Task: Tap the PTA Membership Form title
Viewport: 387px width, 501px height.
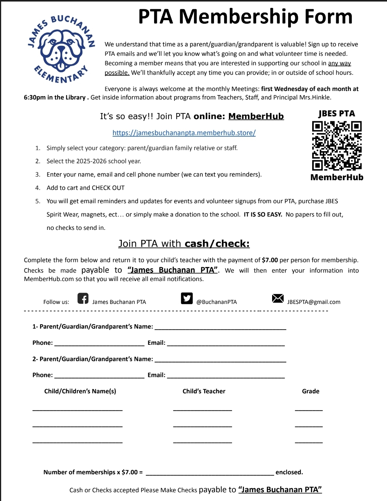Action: (x=245, y=16)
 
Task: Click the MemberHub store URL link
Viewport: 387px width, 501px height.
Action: (x=184, y=133)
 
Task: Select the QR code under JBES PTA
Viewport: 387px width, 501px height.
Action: (x=337, y=145)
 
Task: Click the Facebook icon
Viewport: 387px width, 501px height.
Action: (x=83, y=298)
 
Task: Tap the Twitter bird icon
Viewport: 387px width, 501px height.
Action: (x=187, y=298)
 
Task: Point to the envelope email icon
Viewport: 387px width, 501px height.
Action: (x=278, y=298)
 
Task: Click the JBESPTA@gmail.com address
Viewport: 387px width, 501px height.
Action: (x=314, y=302)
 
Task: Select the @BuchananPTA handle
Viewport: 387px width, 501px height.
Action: (x=216, y=302)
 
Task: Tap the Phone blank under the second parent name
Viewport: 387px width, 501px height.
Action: (x=99, y=377)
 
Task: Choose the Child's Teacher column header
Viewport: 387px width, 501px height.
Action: (x=204, y=391)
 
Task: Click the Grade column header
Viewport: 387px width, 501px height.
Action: (x=311, y=391)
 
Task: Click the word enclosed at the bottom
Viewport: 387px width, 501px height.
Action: (x=289, y=472)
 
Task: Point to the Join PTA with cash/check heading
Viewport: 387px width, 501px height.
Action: (x=184, y=244)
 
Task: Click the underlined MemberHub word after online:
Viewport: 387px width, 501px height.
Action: (x=256, y=116)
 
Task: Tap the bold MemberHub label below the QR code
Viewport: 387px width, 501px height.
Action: (x=337, y=177)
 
